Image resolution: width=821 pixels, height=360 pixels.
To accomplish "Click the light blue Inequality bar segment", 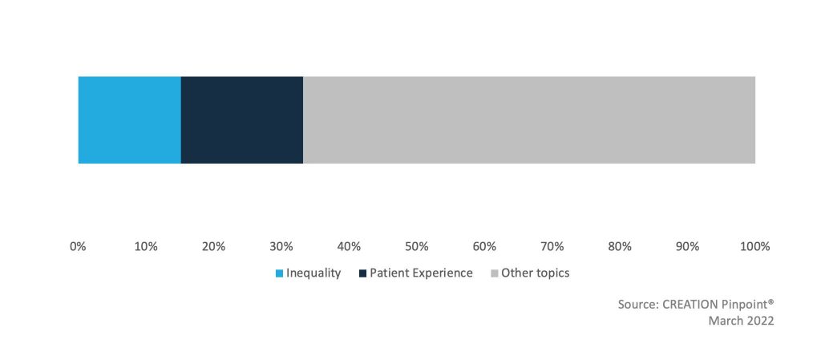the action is point(129,119).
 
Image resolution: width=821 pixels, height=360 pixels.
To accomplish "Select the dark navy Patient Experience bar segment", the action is point(242,119).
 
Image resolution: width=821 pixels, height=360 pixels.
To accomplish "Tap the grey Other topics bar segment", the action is point(529,119).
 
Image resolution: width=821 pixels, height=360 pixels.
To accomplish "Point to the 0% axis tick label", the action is point(78,246).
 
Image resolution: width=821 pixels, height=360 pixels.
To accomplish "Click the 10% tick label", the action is point(146,246).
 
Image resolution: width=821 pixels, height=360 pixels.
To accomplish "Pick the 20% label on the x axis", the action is point(213,246).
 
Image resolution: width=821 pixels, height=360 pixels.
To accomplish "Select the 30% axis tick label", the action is point(281,246).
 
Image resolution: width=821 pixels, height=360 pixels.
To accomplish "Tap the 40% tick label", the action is point(349,246).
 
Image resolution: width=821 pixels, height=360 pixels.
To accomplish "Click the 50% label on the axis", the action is point(417,246).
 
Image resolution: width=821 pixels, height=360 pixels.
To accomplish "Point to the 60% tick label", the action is point(484,246).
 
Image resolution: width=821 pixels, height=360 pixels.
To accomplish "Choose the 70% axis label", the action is point(552,246).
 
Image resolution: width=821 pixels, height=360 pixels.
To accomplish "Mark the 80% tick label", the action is point(620,246).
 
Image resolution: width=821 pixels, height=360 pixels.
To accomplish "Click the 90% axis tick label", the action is point(687,246).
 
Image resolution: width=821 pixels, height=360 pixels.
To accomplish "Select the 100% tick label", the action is point(755,246).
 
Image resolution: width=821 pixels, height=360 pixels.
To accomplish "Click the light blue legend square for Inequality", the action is point(279,273).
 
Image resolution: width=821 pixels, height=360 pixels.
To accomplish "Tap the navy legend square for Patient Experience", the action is point(363,273).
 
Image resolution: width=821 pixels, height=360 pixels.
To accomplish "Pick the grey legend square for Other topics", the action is point(495,273).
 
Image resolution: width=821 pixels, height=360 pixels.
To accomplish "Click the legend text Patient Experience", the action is point(421,273).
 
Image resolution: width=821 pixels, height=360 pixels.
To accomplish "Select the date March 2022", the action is point(741,321).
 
